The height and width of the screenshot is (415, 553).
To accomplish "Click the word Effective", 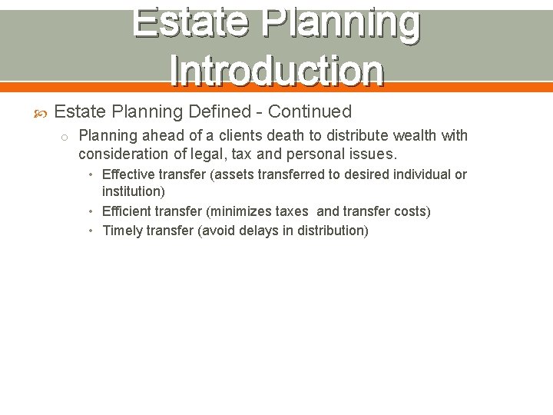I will [x=129, y=174].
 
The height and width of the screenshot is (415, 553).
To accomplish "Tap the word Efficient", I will [x=127, y=211].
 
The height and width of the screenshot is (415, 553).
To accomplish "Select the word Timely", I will [x=123, y=231].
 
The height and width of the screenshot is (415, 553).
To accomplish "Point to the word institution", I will [x=133, y=191].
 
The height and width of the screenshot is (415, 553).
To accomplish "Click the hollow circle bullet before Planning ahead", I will [x=65, y=137].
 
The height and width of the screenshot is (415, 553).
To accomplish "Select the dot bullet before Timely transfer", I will [x=91, y=231].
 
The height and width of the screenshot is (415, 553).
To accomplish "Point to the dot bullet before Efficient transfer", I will [x=91, y=211].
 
